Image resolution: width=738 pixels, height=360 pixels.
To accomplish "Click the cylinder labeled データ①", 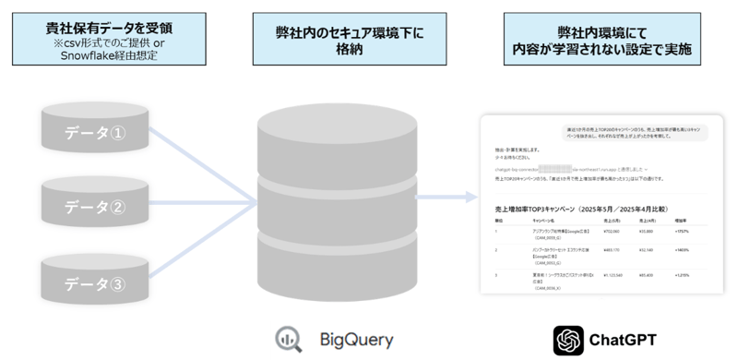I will pos(98,131).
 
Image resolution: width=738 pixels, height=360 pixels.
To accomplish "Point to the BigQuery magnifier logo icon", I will pos(290,340).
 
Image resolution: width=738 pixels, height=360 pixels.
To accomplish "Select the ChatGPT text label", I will pos(624,340).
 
